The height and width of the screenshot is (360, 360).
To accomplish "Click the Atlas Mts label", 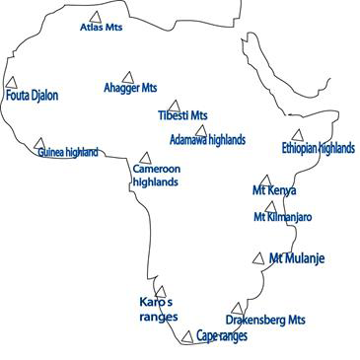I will (101, 28).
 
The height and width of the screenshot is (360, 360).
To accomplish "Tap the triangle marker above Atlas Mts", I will (95, 17).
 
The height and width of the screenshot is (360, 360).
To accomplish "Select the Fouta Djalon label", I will (33, 96).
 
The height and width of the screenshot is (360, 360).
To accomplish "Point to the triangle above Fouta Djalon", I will (11, 83).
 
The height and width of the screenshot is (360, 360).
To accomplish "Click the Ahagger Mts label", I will (130, 88).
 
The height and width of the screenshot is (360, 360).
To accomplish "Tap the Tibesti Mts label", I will (182, 115).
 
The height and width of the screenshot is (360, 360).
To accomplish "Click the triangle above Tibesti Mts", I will (174, 105).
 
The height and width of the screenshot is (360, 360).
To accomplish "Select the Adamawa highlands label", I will (207, 139).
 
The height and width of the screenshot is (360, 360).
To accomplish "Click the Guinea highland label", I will (68, 153).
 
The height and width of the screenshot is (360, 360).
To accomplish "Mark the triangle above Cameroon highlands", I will (145, 158).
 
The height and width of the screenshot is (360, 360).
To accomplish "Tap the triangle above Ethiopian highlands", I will (297, 135).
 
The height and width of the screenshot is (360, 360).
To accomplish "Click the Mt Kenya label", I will (274, 190).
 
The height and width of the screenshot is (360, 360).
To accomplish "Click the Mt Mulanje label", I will (297, 258).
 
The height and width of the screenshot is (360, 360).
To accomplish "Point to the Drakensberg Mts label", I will (265, 320).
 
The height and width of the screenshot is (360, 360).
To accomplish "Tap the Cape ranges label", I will (222, 335).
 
